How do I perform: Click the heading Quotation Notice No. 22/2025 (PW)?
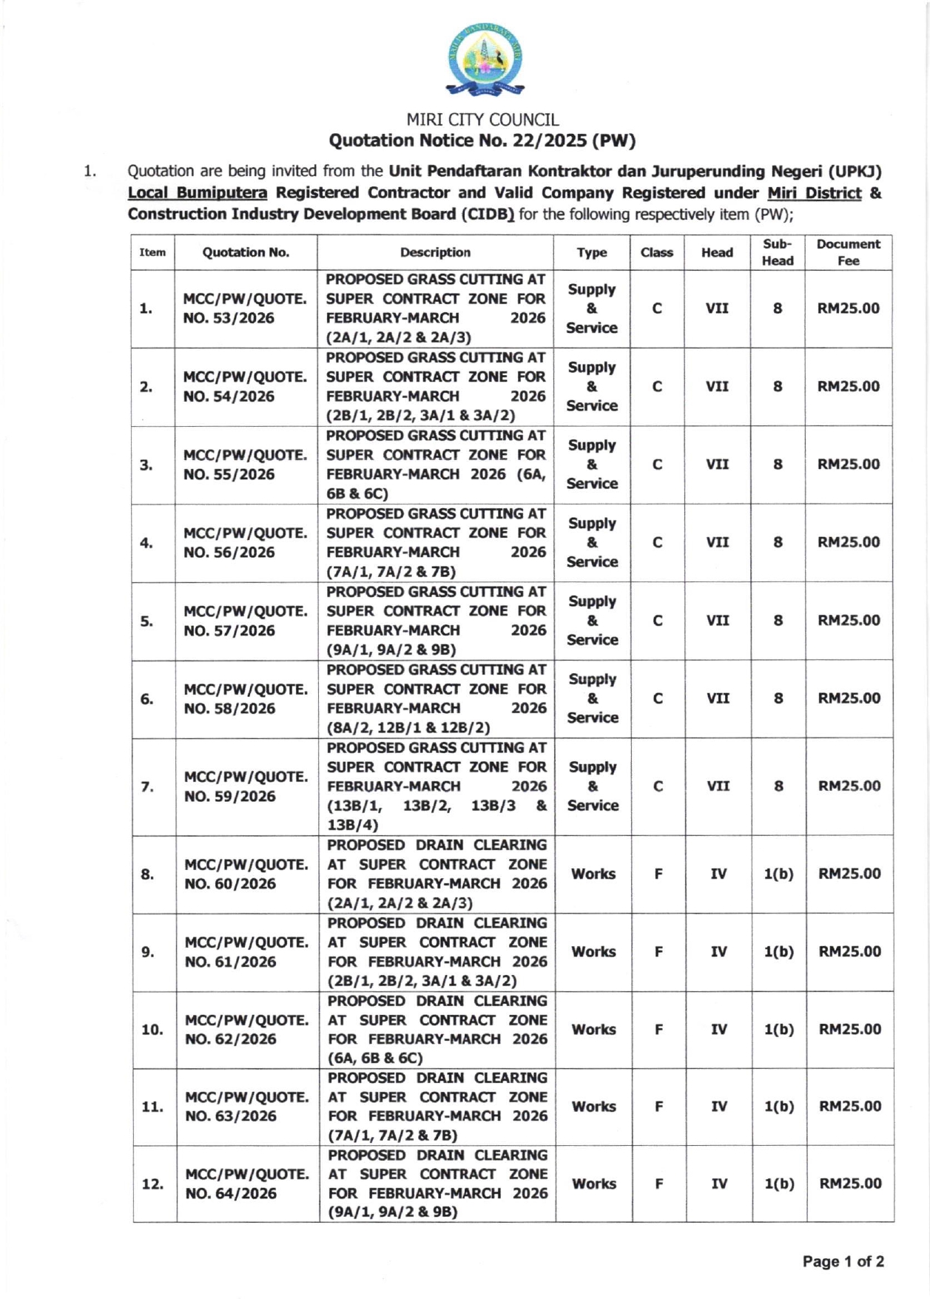point(482,141)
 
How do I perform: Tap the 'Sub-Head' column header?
point(778,252)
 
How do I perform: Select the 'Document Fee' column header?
point(848,252)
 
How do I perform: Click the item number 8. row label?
point(148,874)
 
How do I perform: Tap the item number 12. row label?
point(152,1184)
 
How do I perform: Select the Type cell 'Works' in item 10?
point(593,1029)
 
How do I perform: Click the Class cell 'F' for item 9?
point(658,951)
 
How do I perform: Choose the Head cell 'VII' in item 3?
point(717,465)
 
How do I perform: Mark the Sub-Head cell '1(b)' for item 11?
point(779,1107)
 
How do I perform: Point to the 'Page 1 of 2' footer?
point(843,1261)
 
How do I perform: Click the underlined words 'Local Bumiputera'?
point(198,193)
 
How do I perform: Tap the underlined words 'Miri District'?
point(814,193)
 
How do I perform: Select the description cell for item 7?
point(437,786)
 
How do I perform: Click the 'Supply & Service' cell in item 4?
point(592,542)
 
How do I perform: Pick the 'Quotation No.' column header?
point(246,252)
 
